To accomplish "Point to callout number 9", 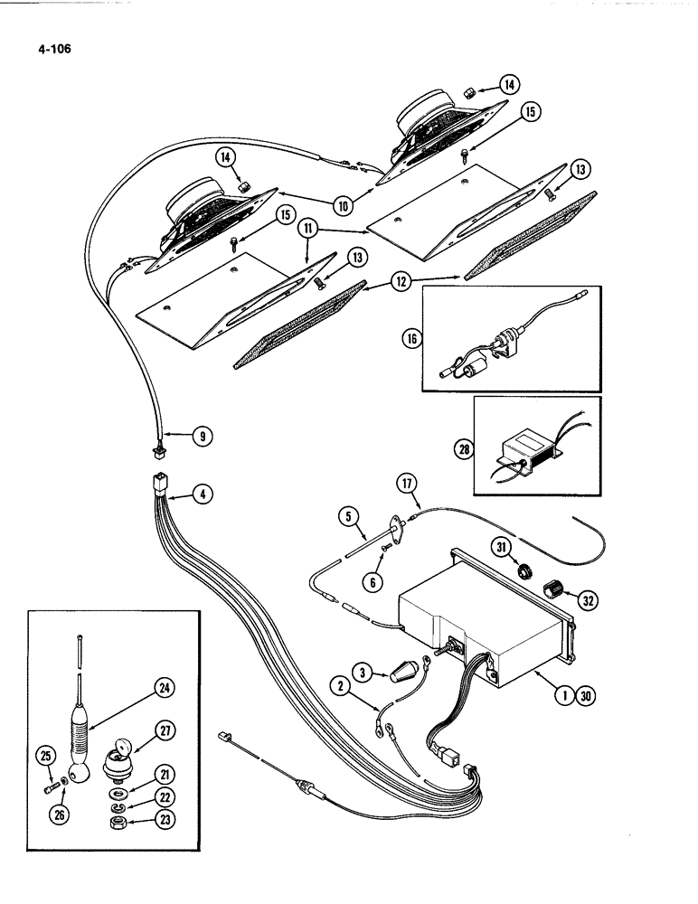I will (x=202, y=436).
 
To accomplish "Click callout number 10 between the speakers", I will (x=343, y=205).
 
